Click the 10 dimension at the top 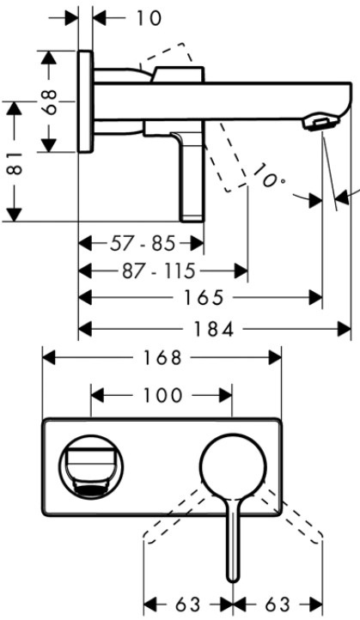(149, 18)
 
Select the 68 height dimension (50, 101)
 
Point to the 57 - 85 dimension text (142, 244)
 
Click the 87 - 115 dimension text (159, 271)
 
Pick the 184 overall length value (213, 329)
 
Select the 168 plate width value (162, 358)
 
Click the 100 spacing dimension (162, 395)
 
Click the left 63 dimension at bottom (188, 605)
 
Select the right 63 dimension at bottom (278, 605)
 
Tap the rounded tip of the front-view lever (234, 578)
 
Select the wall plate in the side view (86, 101)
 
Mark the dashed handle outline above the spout (168, 55)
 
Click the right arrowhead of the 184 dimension (345, 329)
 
